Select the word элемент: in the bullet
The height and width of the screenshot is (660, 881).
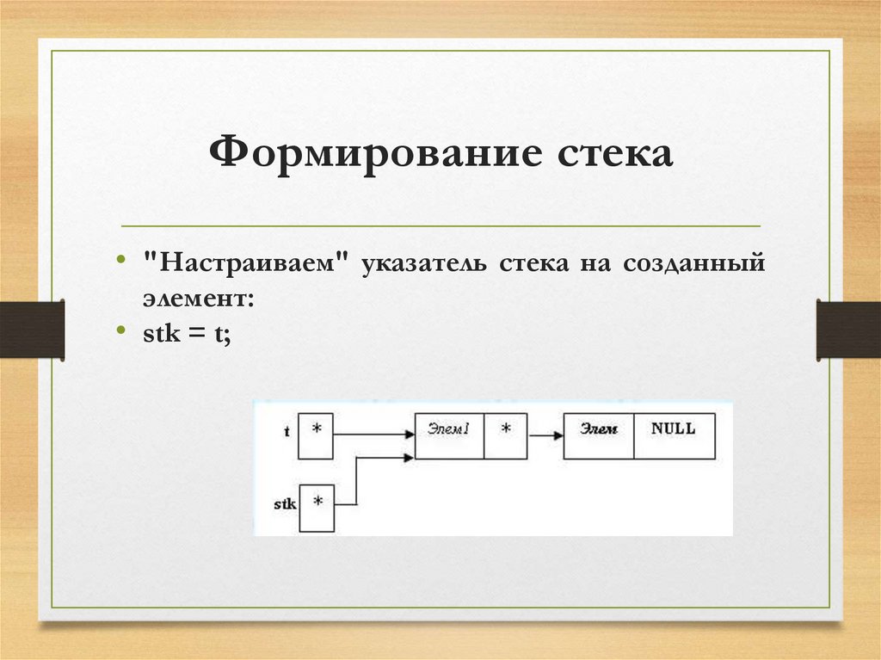coord(198,298)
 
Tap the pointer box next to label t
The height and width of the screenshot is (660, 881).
coord(316,436)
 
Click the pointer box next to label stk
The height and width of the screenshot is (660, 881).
coord(317,507)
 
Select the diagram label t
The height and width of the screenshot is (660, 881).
coord(286,432)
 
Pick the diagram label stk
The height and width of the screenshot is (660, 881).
coord(285,503)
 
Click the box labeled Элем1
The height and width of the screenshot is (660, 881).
coord(449,436)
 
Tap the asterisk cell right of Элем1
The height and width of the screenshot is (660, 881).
coord(505,436)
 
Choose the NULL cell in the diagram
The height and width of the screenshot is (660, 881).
coord(674,436)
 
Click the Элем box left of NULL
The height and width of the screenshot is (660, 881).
coord(599,436)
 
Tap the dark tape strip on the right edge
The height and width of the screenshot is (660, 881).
coord(847,329)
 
